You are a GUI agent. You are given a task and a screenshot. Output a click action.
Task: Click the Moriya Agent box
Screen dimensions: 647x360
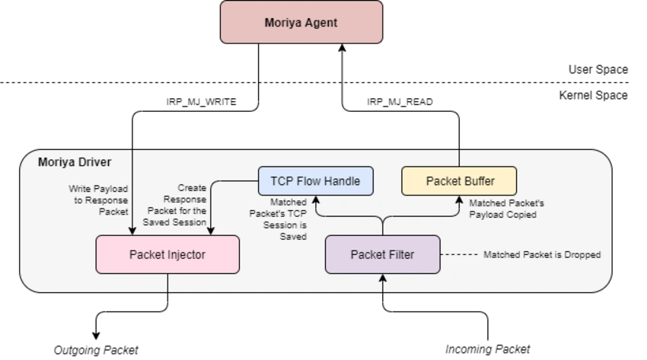(x=301, y=22)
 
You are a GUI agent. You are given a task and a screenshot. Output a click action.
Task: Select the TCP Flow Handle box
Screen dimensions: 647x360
(x=316, y=181)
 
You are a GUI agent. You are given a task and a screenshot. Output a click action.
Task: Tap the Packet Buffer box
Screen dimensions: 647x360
(x=459, y=181)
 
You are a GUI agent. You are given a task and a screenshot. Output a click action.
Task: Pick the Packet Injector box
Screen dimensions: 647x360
(x=167, y=254)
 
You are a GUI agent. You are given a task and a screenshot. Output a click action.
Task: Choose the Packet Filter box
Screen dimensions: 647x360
(x=383, y=254)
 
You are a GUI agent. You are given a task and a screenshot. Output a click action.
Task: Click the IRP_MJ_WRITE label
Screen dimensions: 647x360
(x=202, y=102)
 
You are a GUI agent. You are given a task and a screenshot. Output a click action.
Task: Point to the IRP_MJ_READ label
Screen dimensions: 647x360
(x=400, y=102)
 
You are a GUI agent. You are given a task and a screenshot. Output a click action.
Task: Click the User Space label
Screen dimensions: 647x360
(x=598, y=69)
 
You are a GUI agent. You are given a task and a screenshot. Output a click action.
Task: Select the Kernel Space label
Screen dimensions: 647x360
(x=594, y=95)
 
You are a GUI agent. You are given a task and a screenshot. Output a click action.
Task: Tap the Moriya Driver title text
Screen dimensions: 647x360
(x=75, y=162)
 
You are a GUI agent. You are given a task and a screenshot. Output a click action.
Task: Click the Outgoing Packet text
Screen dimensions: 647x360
(x=96, y=350)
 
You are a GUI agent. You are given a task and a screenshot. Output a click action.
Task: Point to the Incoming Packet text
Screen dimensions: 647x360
(x=487, y=349)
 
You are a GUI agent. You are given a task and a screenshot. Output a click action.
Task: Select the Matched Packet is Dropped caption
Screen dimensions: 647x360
(x=542, y=255)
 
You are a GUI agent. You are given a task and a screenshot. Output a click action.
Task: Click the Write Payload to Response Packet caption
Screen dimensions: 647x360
(x=99, y=200)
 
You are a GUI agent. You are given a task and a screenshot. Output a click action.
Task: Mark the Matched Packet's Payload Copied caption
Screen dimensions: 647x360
(x=507, y=209)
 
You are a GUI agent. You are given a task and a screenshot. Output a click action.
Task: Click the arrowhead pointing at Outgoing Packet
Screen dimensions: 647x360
(x=96, y=335)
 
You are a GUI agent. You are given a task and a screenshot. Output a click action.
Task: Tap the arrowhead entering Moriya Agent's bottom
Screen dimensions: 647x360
(x=342, y=48)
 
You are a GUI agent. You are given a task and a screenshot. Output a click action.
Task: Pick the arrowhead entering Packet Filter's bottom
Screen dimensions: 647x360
(x=383, y=279)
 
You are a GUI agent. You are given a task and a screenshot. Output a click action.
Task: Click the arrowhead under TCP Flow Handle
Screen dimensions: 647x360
(x=316, y=200)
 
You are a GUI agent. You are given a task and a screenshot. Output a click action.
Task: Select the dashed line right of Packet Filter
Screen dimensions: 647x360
(x=459, y=255)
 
